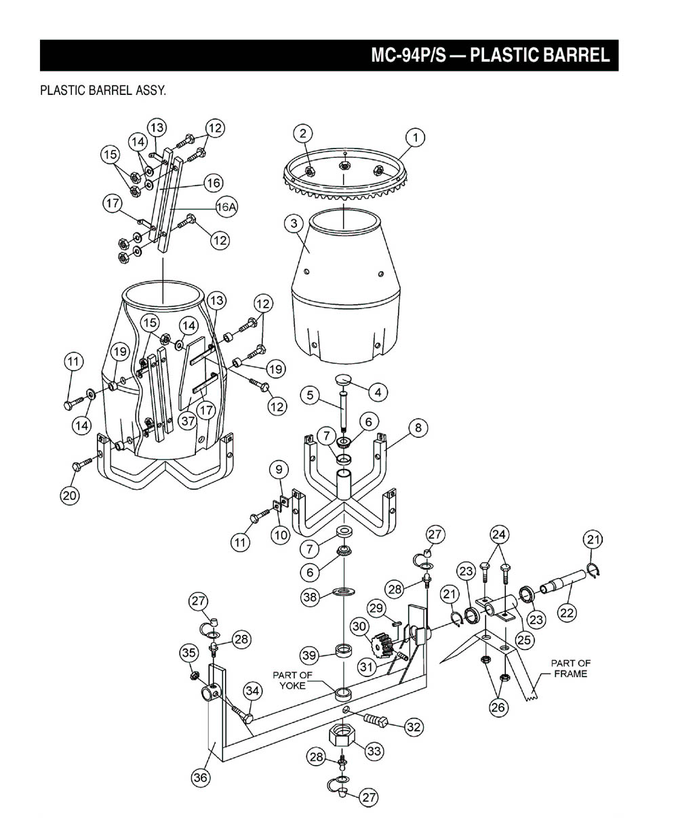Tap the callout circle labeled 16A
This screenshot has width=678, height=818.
pyautogui.click(x=226, y=209)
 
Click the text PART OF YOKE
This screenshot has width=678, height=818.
pyautogui.click(x=292, y=680)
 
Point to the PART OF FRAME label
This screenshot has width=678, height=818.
pyautogui.click(x=570, y=668)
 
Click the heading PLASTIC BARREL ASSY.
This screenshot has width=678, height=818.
pyautogui.click(x=103, y=91)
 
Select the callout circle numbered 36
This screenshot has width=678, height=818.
pyautogui.click(x=201, y=777)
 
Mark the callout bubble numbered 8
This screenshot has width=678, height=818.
pyautogui.click(x=418, y=428)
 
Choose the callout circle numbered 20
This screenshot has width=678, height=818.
pyautogui.click(x=69, y=495)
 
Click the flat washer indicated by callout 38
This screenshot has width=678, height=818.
pyautogui.click(x=343, y=593)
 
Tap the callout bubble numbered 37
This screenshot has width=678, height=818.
pyautogui.click(x=188, y=421)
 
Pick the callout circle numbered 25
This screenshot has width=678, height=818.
pyautogui.click(x=523, y=638)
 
